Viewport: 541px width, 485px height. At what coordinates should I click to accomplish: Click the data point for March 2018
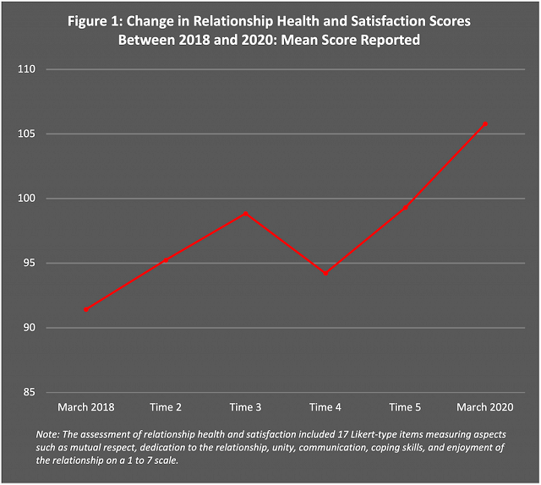point(86,309)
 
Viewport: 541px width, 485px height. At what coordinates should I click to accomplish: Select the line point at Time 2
point(167,260)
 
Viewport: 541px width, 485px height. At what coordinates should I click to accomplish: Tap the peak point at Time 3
point(246,213)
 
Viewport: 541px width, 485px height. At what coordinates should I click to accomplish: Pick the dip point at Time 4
point(325,273)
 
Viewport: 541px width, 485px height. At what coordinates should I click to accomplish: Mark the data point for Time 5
point(405,208)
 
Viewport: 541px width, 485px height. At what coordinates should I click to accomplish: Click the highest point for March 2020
point(484,123)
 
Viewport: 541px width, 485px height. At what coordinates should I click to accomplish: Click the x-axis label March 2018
point(86,407)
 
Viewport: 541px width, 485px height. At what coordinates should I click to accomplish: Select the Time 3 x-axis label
point(246,407)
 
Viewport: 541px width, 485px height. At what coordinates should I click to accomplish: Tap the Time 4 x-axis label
point(325,407)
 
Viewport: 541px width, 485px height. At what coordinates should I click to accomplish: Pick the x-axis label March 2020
point(484,407)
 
